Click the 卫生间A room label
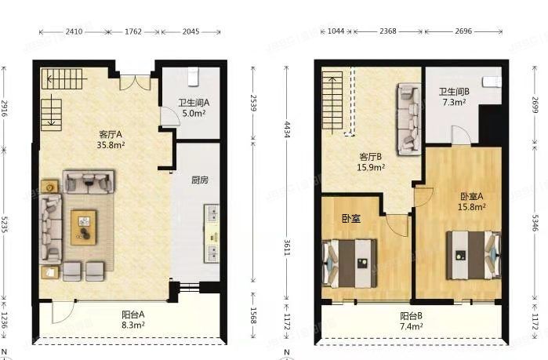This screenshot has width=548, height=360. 194,103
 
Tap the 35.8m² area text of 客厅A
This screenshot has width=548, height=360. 111,144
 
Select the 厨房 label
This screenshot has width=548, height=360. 200,180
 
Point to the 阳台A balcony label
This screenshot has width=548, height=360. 133,315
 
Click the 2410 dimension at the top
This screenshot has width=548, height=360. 74,32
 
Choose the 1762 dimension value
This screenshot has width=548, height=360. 133,32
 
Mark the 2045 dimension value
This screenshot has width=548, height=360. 191,32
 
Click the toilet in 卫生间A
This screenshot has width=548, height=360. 193,77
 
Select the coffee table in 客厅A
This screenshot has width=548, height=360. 84,227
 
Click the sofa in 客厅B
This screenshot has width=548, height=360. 408,119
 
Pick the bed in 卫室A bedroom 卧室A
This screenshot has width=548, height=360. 474,255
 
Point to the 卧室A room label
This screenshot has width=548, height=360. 472,196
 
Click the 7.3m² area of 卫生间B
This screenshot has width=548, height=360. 455,102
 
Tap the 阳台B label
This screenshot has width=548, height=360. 412,316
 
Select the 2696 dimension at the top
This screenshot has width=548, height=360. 463,31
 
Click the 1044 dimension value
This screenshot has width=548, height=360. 336,31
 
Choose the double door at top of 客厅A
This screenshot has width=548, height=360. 136,82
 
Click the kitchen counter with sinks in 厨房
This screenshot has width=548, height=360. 212,234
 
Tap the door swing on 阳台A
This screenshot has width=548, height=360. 64,312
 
